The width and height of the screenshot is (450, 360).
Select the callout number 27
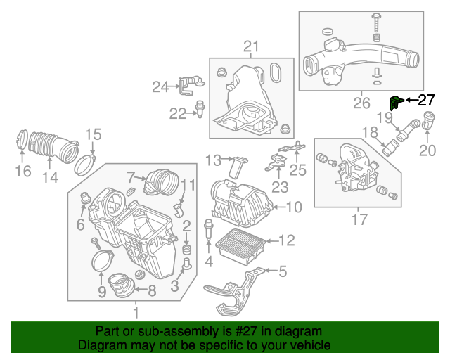(x=427, y=100)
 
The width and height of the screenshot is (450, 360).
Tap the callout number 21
(x=251, y=47)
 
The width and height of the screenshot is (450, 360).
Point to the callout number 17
(x=359, y=220)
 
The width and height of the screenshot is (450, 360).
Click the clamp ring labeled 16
(x=21, y=141)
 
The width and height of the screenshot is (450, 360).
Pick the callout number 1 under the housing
(x=136, y=311)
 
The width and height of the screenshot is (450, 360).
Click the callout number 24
(x=161, y=87)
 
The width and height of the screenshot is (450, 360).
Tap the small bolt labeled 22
(x=201, y=108)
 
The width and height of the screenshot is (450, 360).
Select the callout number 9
(x=101, y=291)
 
